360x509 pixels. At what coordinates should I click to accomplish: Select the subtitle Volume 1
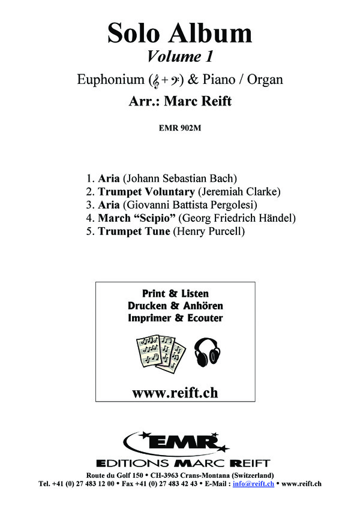(x=180, y=58)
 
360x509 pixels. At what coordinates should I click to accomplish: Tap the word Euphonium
(x=112, y=79)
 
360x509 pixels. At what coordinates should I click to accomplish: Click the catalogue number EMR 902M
(x=179, y=127)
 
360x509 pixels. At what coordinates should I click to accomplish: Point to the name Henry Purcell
(x=208, y=231)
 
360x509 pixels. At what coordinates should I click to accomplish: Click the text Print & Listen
(x=175, y=294)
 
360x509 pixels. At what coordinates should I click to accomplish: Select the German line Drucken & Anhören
(x=175, y=306)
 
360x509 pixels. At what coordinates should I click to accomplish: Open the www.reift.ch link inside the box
(x=175, y=393)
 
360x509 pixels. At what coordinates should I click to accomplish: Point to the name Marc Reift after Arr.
(x=199, y=101)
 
